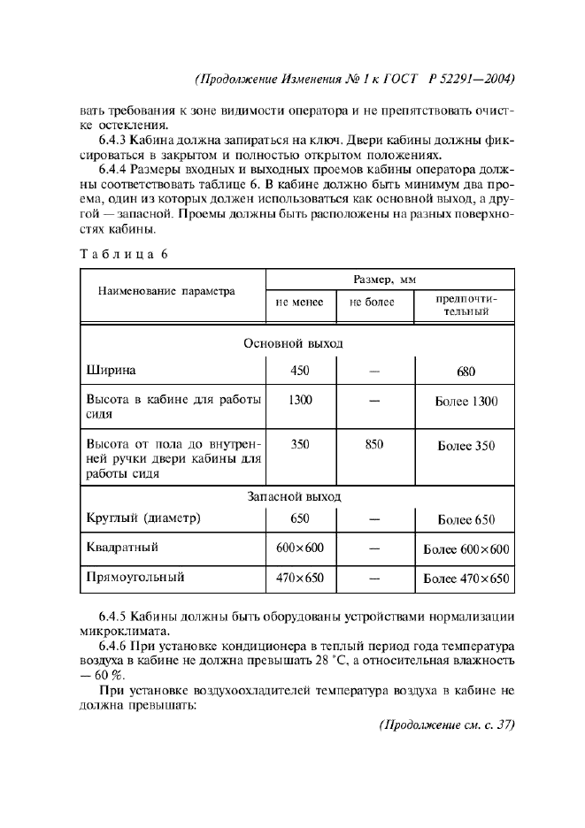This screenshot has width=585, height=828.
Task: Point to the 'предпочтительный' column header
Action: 466,306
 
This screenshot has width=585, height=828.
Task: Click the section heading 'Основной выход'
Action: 293,342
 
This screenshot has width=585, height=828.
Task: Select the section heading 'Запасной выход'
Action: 293,498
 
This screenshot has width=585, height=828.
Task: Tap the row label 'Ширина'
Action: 111,371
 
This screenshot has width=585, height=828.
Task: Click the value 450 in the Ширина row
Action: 299,371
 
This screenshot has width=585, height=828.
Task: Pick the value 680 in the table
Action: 466,372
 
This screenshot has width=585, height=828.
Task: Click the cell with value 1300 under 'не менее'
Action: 299,400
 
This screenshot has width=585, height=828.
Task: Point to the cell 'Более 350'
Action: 466,446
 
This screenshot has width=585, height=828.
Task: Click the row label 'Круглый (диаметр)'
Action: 143,518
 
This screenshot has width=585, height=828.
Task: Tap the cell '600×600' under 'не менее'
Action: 299,548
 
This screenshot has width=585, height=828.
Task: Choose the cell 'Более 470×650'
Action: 466,579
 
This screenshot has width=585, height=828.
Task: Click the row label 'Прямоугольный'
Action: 135,578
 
